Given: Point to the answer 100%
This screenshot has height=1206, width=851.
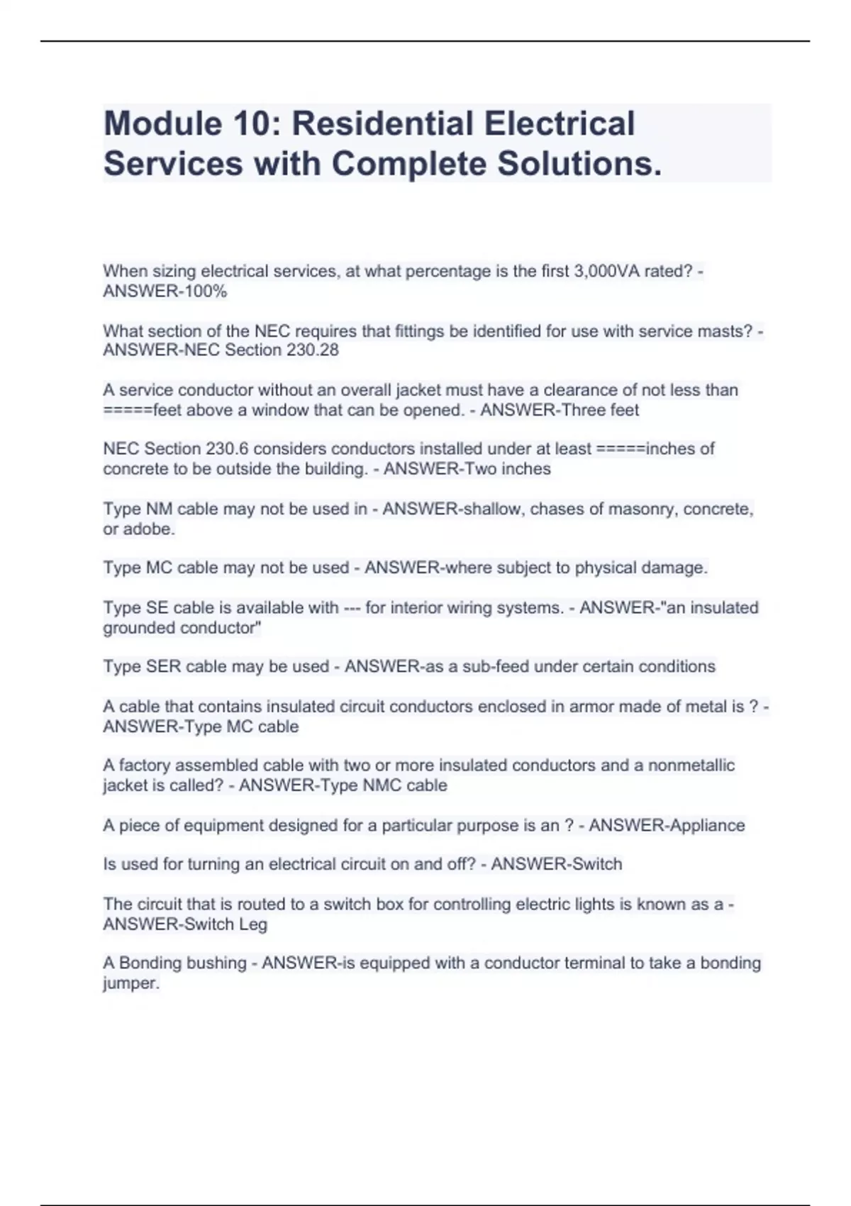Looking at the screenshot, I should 206,291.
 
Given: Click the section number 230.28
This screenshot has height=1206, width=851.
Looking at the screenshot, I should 313,350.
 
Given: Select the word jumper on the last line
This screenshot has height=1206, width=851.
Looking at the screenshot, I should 130,983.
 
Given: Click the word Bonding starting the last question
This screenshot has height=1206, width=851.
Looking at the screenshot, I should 151,963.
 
